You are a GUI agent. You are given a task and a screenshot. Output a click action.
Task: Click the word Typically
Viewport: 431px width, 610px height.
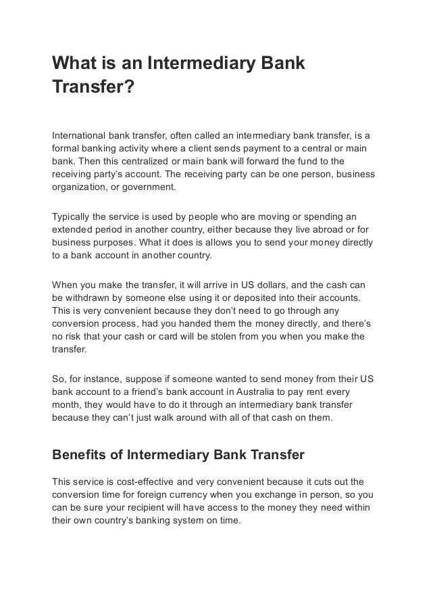[73, 218]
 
